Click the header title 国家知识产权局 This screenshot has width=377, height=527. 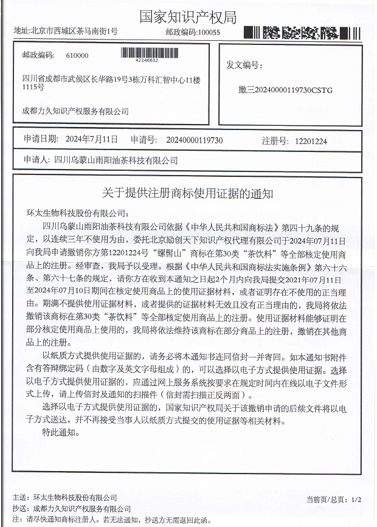(188, 16)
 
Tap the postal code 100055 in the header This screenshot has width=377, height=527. (209, 32)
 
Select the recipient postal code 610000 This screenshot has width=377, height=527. (77, 55)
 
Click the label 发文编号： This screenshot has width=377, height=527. (243, 64)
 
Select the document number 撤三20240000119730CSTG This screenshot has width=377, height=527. (286, 89)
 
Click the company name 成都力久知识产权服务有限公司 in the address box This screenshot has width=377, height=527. (75, 111)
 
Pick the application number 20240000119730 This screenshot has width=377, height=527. (195, 140)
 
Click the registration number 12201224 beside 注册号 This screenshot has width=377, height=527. (311, 140)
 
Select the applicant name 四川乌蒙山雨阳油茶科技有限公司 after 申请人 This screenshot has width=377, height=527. (116, 160)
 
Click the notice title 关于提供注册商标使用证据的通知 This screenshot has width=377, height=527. (188, 193)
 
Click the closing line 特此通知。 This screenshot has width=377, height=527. (61, 432)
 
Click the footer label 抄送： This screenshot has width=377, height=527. (21, 509)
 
